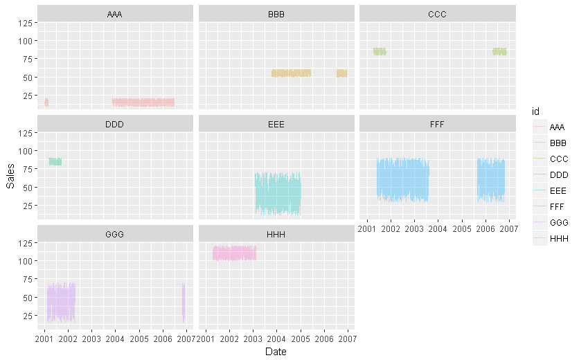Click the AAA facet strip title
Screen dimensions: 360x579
tap(115, 13)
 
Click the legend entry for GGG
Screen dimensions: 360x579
tap(557, 224)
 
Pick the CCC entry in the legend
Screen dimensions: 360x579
tap(557, 159)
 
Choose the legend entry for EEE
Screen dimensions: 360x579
tap(557, 191)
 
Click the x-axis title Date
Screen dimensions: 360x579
tap(276, 352)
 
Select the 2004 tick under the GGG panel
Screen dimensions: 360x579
tap(116, 339)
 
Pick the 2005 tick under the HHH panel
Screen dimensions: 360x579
tap(300, 339)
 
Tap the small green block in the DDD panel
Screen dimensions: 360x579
tap(55, 162)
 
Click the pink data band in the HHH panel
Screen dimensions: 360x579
tap(234, 253)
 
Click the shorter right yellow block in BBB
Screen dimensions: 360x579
tap(341, 73)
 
